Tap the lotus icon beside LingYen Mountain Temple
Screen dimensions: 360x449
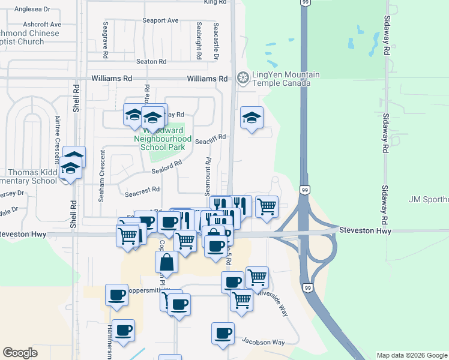point(243,77)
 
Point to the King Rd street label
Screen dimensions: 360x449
point(215,2)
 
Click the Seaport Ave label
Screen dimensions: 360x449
point(161,20)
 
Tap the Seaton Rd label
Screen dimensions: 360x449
point(151,61)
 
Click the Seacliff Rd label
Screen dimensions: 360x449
point(210,137)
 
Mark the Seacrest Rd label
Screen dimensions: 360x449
point(142,190)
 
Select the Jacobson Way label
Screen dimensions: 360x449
point(263,342)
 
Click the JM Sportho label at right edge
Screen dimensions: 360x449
point(428,199)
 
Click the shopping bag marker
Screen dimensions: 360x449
point(166,262)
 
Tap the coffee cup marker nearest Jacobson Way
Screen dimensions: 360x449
point(223,333)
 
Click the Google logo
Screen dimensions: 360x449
point(20,352)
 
